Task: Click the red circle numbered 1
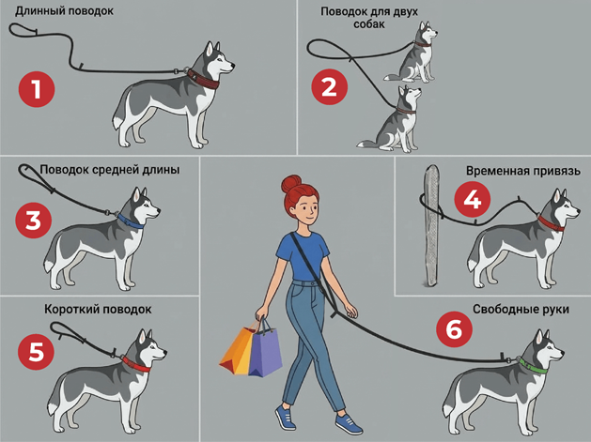(x=37, y=89)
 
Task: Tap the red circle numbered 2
(x=330, y=87)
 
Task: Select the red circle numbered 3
(x=34, y=220)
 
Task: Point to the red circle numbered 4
(x=473, y=200)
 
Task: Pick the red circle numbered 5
(x=37, y=353)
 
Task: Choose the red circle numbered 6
(x=454, y=329)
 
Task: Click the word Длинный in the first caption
(x=39, y=11)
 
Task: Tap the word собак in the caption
(x=369, y=24)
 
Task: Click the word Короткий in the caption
(x=71, y=310)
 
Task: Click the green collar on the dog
(x=533, y=366)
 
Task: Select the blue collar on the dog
(x=131, y=221)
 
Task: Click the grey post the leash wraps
(x=431, y=226)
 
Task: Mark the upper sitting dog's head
(x=427, y=34)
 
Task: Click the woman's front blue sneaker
(x=349, y=424)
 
